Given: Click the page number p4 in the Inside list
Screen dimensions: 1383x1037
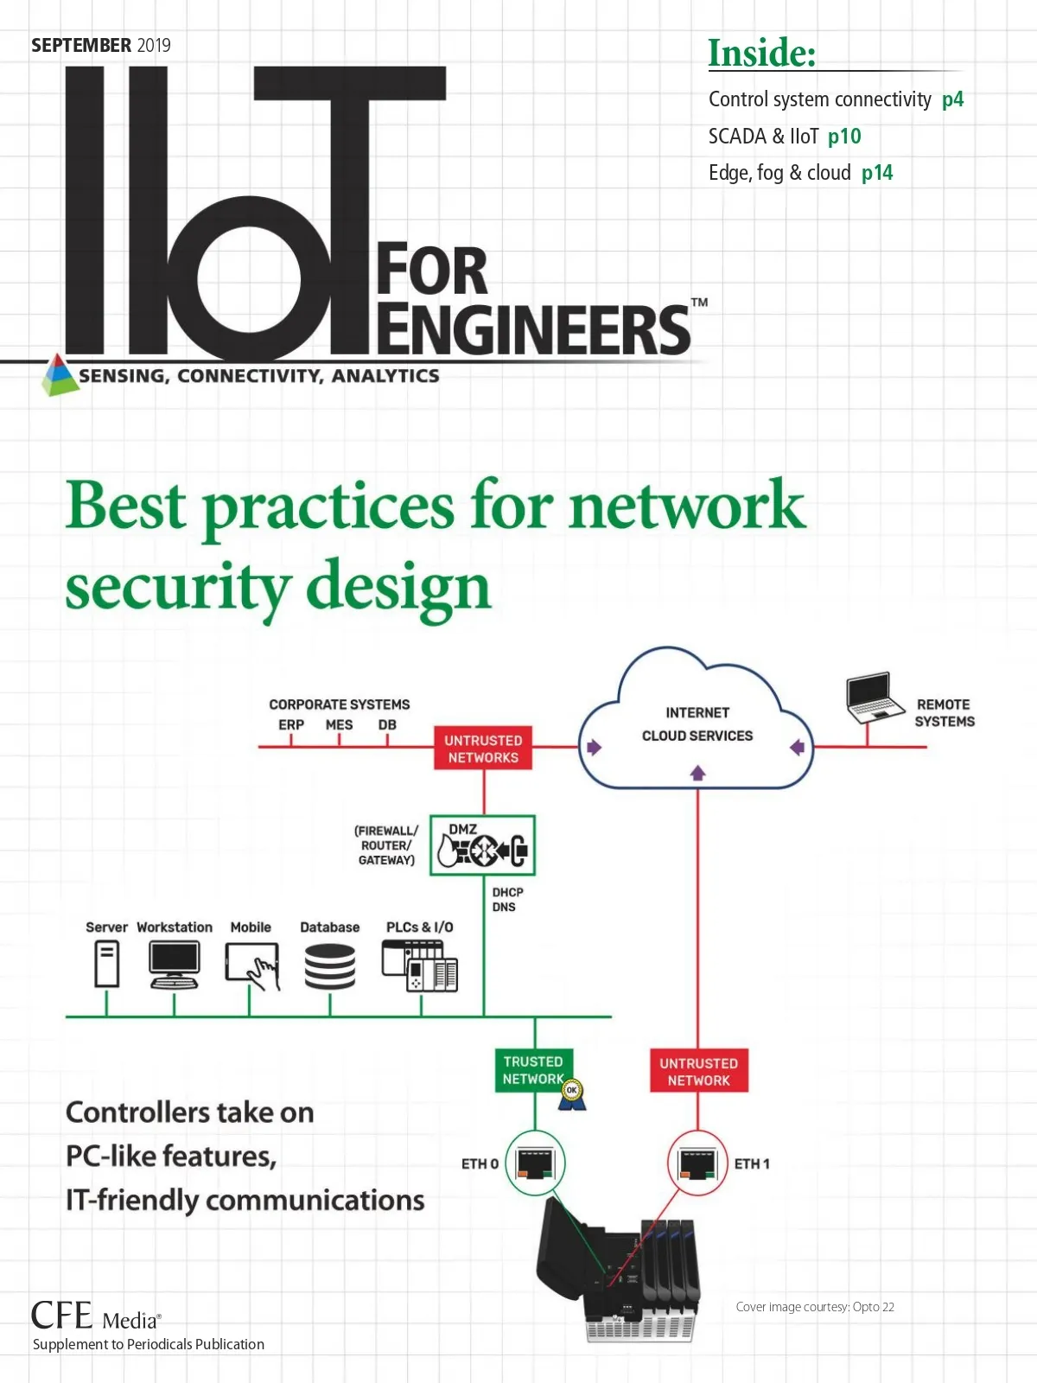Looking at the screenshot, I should coord(952,99).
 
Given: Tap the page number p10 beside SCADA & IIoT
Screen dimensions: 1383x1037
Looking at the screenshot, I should coord(844,137).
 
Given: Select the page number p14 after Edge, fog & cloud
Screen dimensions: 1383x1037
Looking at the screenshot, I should coord(877,173).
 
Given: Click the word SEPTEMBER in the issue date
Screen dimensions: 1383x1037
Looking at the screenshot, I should coord(81,45).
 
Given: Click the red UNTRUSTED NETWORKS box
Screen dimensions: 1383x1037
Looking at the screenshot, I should coord(483,749).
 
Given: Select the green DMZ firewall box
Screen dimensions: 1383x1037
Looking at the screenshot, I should coord(483,845).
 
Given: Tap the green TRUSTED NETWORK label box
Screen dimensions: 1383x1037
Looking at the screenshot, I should coord(533,1070).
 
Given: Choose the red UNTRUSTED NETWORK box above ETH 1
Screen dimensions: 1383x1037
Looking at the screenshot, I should coord(698,1072).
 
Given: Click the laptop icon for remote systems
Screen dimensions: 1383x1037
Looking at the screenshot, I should coord(875,697).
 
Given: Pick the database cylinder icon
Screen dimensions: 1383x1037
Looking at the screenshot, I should coord(330,966).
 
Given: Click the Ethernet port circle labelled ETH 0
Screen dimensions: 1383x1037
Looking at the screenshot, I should coord(535,1163).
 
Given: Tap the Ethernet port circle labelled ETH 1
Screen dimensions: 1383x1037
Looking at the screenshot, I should coord(697,1163).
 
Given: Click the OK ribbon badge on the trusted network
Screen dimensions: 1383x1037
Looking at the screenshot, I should coord(571,1093).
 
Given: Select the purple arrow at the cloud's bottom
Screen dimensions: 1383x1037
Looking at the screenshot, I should coord(698,773).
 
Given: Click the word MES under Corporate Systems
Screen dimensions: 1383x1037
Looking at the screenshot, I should coord(339,724).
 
